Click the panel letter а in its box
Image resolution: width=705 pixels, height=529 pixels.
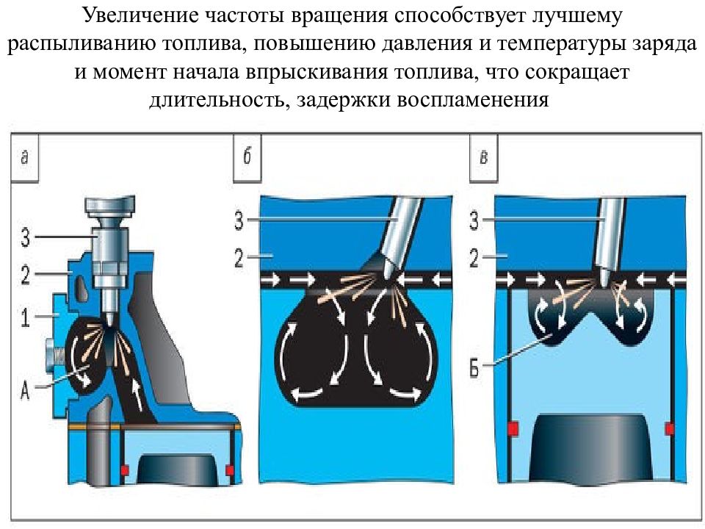click(25, 157)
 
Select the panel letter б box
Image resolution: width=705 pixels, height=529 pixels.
click(247, 157)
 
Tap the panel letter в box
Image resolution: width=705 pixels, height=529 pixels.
click(484, 157)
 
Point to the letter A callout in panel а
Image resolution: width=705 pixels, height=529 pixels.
click(25, 389)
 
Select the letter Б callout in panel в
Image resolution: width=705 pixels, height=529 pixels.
click(475, 369)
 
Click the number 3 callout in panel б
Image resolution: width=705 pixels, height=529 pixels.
click(239, 220)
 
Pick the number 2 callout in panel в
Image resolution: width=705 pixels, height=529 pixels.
click(474, 258)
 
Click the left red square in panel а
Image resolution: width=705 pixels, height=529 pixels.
click(125, 470)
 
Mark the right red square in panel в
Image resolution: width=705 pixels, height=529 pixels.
click(669, 428)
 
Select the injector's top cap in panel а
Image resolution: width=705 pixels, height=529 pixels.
click(109, 205)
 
